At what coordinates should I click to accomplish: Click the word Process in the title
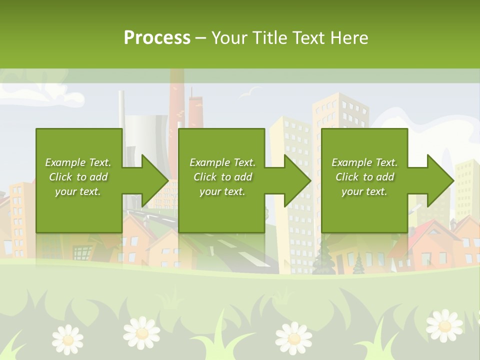(x=157, y=37)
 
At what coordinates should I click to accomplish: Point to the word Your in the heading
(x=229, y=37)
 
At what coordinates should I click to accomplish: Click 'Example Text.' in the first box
(x=78, y=162)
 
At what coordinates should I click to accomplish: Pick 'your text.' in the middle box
(x=222, y=191)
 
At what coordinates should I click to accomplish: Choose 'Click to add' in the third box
(x=364, y=177)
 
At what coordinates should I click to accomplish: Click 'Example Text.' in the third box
(x=364, y=162)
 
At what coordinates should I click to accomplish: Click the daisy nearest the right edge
(x=444, y=325)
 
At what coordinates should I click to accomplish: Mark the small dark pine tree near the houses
(x=358, y=265)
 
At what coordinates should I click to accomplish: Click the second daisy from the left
(x=142, y=332)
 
